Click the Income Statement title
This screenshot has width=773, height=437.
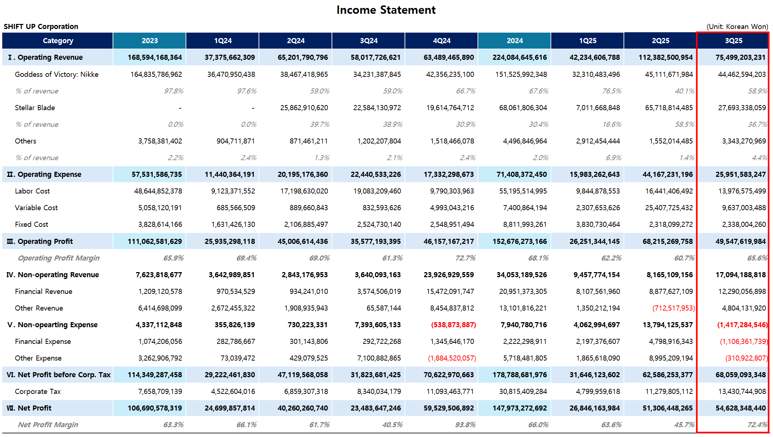[386, 10]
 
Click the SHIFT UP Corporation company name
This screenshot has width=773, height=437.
[41, 26]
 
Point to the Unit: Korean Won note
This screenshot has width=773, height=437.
[737, 26]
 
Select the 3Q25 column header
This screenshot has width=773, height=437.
[733, 41]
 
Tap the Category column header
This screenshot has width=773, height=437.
[58, 41]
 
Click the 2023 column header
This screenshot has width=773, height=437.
[149, 41]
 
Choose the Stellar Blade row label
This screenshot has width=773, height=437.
[35, 108]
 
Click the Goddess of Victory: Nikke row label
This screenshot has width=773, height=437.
[57, 74]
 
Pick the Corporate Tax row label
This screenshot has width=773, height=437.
[38, 391]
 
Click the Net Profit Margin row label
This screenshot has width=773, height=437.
[48, 425]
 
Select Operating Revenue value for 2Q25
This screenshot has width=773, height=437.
[665, 57]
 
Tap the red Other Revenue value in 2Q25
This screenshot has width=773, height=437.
[673, 308]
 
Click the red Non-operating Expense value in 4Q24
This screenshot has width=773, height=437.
[453, 325]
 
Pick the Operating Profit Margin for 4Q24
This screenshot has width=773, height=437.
[465, 258]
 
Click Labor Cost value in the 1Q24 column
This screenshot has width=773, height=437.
[233, 191]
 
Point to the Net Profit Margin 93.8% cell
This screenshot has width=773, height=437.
[465, 425]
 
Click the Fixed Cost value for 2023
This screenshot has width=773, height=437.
[160, 224]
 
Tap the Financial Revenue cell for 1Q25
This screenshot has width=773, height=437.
[598, 291]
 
